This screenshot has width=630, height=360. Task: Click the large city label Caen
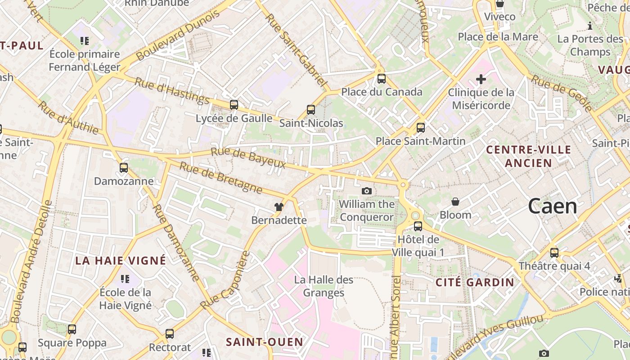coord(552,206)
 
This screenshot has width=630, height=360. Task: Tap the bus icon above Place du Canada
coord(382,79)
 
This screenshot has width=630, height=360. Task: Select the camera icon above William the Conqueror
coord(367,191)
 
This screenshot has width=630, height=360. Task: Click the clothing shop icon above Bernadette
coord(279,207)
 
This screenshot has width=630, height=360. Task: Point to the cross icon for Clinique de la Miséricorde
coord(481,80)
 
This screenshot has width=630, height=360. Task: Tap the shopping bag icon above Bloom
coord(455,202)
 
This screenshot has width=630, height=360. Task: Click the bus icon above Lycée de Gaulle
coord(234,105)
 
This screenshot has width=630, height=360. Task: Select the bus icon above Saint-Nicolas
coord(311,110)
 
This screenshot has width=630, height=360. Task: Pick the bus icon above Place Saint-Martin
coord(421,128)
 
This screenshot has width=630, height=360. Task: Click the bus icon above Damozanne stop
coord(124,168)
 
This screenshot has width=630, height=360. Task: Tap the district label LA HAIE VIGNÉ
coord(121,261)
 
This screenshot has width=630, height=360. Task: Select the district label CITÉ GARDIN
coord(475,283)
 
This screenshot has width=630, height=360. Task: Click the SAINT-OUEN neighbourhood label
coord(265,342)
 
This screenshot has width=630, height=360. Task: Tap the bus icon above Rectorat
coord(170,334)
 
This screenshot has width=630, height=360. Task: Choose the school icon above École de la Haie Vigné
coord(125,279)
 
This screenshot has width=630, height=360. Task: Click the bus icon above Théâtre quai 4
coord(554,253)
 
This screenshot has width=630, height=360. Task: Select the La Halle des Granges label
coord(324,286)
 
